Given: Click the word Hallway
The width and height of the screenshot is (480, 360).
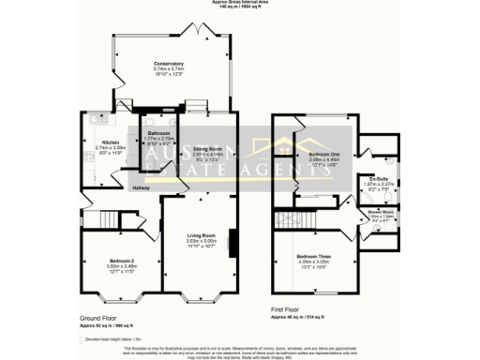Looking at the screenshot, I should click(x=141, y=187).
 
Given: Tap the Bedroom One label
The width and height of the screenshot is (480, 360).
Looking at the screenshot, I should click(x=322, y=154).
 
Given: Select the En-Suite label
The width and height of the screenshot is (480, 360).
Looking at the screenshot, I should click(x=379, y=178).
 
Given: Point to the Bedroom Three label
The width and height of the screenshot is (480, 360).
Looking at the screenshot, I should click(x=315, y=255).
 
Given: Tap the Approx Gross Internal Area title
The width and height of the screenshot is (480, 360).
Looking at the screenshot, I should click(x=240, y=4).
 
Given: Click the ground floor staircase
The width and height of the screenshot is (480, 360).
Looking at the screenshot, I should click(x=95, y=219).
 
